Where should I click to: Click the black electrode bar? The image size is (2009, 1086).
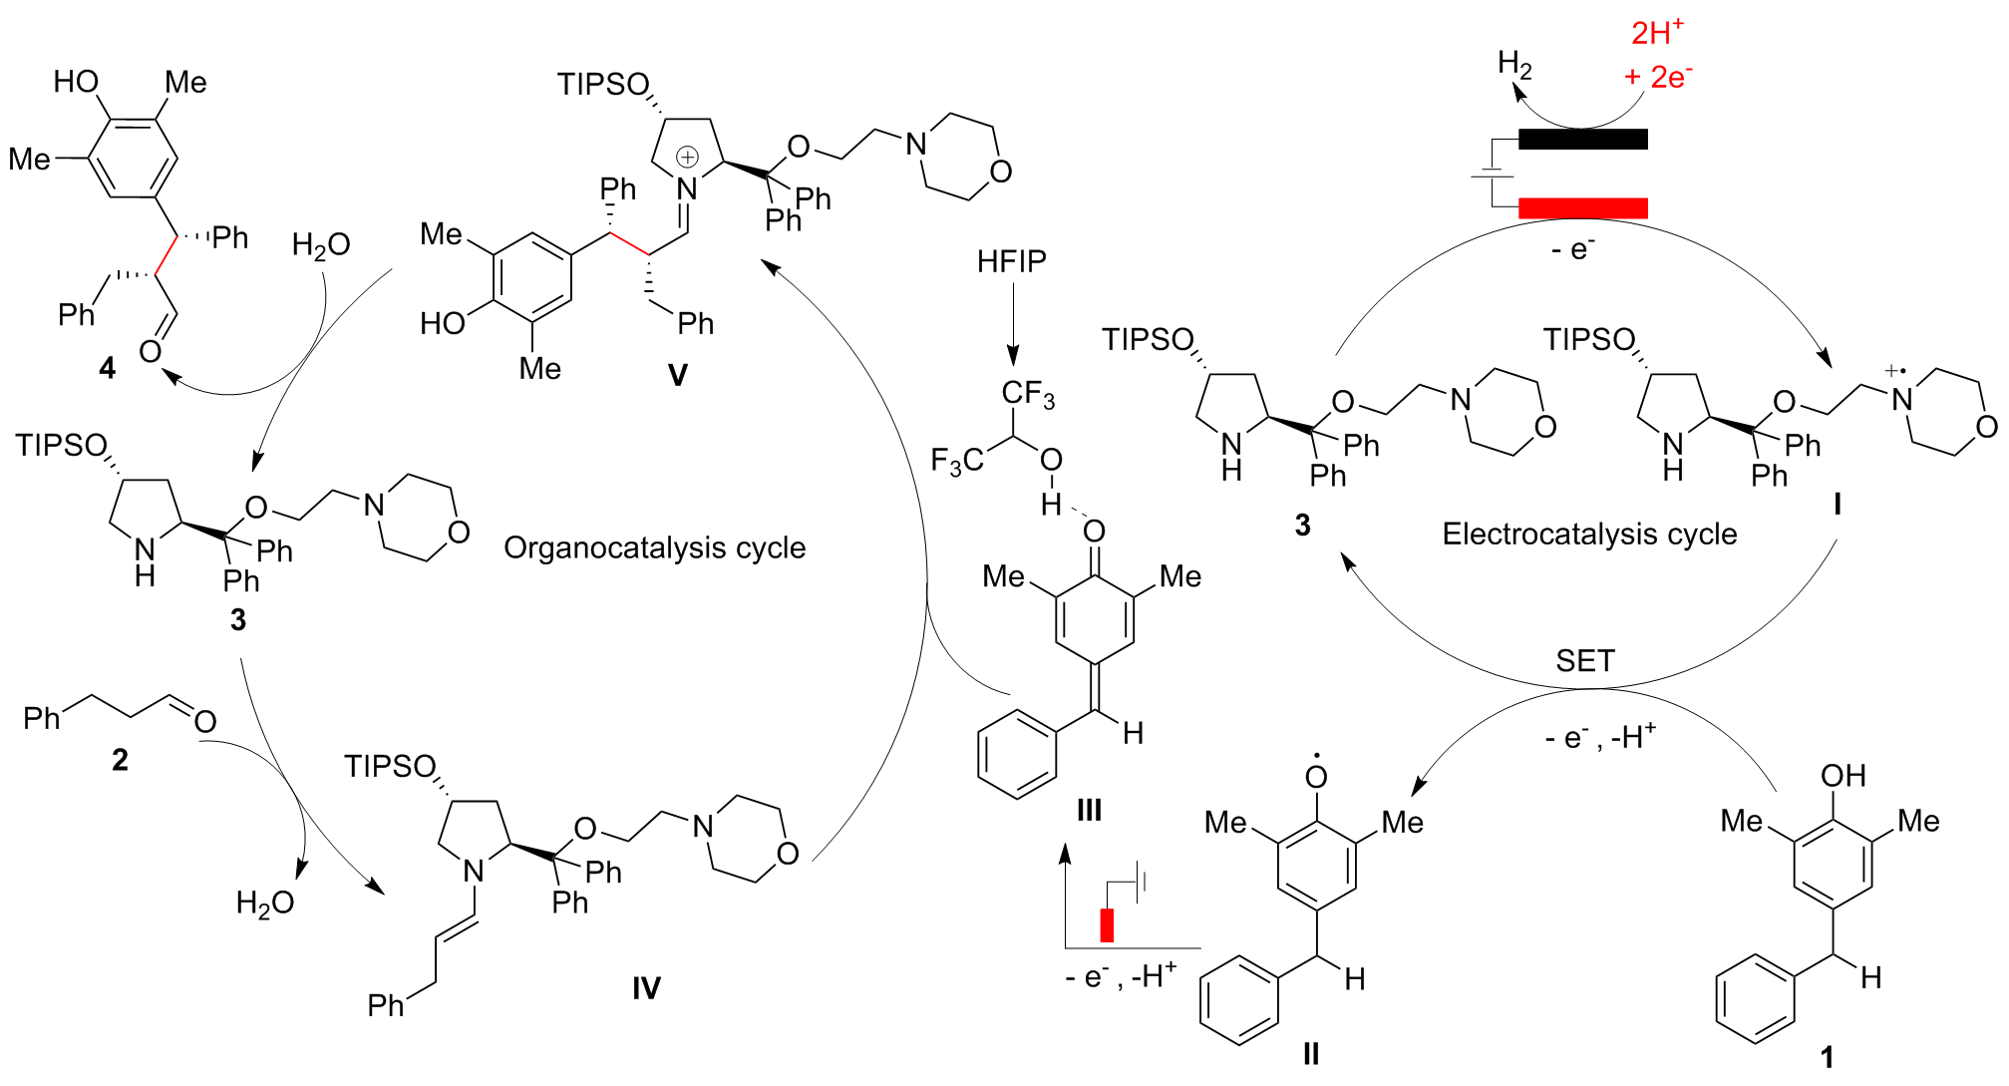(1582, 139)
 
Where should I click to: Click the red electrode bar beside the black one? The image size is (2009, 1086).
(1582, 207)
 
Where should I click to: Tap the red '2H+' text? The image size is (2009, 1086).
(1657, 32)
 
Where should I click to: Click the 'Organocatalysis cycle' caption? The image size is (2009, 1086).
(654, 547)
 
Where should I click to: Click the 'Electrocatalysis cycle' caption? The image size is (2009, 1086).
(1589, 534)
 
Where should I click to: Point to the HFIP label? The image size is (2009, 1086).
(1011, 261)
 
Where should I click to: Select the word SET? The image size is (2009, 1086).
(1584, 660)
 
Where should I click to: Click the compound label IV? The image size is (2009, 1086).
(646, 988)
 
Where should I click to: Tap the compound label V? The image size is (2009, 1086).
(677, 375)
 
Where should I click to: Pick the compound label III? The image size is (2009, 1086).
(1089, 810)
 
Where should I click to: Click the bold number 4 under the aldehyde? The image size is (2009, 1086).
(108, 369)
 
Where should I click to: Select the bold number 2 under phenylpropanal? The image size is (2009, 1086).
(120, 760)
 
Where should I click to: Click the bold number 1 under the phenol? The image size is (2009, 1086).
(1827, 1057)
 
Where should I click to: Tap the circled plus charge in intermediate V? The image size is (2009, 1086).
(687, 157)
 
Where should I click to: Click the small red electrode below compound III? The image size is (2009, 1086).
(1107, 924)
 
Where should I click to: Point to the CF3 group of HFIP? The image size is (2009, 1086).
(1028, 394)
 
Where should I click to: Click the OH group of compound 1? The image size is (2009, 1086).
(1842, 776)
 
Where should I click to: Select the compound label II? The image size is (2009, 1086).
(1310, 1053)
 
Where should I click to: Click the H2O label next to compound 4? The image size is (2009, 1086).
(320, 245)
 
